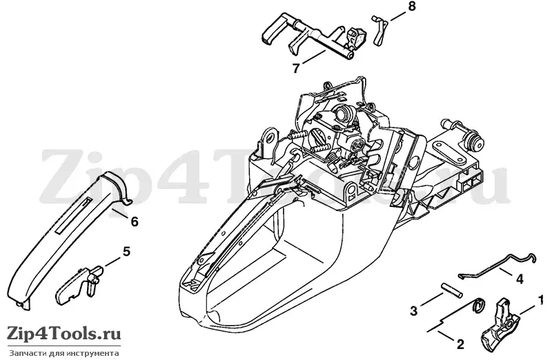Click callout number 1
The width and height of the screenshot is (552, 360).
(x=540, y=300)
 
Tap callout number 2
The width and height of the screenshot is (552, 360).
(x=460, y=343)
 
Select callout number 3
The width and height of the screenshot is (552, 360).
(x=413, y=311)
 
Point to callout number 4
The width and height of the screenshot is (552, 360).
(x=520, y=280)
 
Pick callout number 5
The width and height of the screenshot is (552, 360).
(x=126, y=251)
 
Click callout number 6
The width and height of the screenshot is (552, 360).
(x=134, y=221)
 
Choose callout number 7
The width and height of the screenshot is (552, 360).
(x=296, y=68)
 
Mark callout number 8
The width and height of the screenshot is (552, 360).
(x=411, y=6)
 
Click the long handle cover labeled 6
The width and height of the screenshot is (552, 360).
(x=70, y=239)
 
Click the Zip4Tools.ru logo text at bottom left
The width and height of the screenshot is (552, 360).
(x=64, y=333)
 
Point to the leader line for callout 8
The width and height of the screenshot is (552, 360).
(x=398, y=15)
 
